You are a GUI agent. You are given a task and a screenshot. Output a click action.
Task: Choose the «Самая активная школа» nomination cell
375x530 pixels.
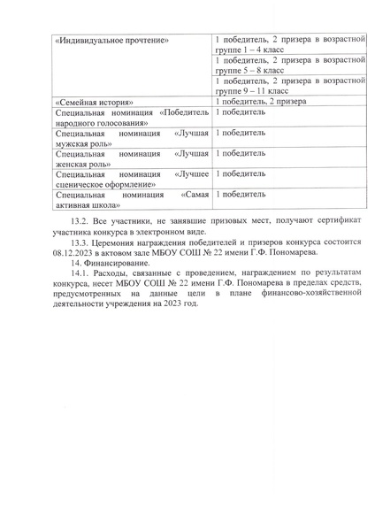132,199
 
